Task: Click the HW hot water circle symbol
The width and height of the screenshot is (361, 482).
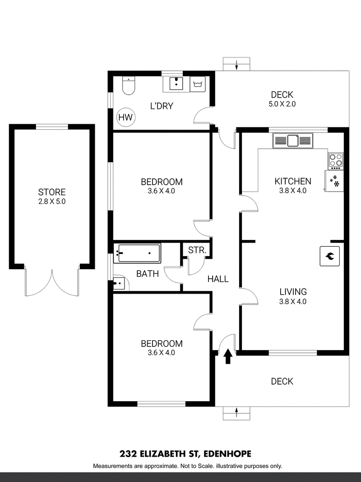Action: click(126, 117)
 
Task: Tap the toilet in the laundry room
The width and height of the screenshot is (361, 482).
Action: click(129, 85)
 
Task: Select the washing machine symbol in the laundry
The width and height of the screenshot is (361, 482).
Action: click(197, 84)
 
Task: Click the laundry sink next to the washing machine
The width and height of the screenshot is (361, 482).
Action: click(176, 83)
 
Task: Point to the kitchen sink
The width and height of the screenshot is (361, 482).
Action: click(292, 141)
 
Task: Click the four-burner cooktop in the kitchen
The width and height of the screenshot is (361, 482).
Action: click(335, 160)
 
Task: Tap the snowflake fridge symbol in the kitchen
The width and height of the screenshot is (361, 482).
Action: click(334, 181)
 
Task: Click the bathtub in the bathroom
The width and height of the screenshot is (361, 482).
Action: click(138, 253)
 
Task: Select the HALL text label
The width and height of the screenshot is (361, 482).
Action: click(218, 279)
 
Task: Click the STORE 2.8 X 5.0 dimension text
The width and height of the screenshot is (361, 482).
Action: click(52, 202)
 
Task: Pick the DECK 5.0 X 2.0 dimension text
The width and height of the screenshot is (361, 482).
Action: click(282, 104)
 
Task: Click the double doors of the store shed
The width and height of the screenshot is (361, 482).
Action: click(52, 282)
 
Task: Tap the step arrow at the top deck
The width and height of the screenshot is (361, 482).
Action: click(237, 66)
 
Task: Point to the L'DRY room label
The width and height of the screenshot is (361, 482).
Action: click(162, 107)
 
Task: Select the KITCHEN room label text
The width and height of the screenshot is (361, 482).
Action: click(293, 181)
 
